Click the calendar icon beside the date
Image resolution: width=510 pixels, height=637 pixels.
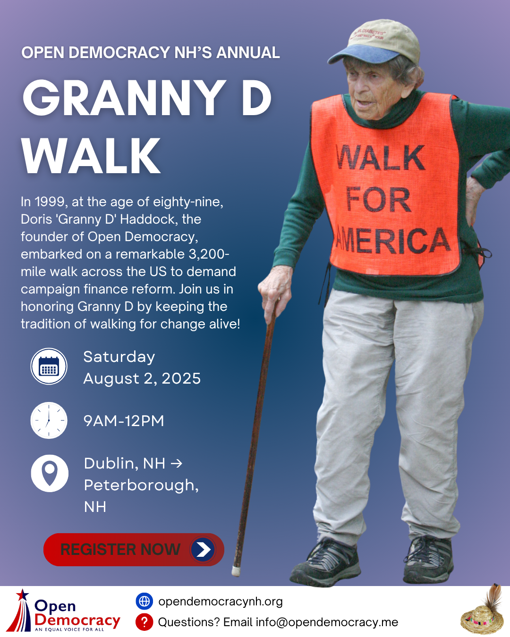coord(49,366)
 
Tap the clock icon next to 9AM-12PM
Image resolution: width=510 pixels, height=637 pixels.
coord(49,420)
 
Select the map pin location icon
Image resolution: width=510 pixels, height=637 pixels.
coord(50,473)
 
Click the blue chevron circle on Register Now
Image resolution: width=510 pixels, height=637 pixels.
coord(203,549)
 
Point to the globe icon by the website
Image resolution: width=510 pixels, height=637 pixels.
coord(144,601)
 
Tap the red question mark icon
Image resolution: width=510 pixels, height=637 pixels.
coord(144,622)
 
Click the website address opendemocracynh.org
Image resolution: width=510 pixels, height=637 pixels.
coord(221,602)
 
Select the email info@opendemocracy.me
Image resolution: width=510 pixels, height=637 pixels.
coord(327,622)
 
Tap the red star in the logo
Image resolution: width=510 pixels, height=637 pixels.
coord(22,595)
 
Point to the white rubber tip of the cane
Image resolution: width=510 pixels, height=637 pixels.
coord(236,571)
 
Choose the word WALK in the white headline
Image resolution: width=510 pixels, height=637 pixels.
coord(91,156)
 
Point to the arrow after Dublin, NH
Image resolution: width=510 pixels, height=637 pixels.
coord(177,463)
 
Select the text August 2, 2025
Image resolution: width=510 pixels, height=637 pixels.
coord(142,378)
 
